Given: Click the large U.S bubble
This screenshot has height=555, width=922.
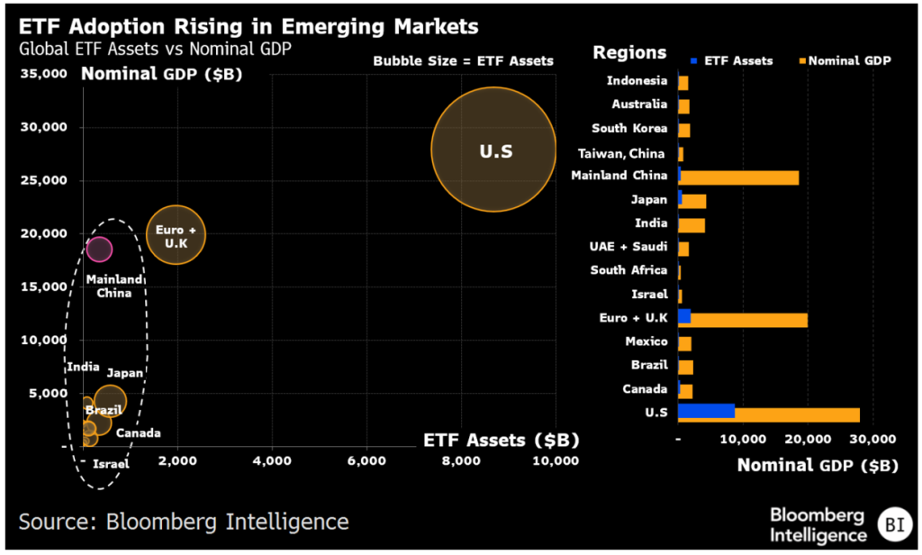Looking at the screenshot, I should click(493, 150).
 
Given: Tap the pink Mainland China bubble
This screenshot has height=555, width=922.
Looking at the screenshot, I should click(99, 249).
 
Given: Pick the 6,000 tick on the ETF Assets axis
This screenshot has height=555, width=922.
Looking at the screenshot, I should click(366, 460).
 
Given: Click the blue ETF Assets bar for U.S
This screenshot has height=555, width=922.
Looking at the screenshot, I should click(706, 412).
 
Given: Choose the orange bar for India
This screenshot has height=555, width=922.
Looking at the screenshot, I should click(691, 224).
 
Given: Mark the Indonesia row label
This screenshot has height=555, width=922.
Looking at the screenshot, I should click(636, 81).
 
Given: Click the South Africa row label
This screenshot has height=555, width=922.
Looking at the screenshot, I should click(629, 269).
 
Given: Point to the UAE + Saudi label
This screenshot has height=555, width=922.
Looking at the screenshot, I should click(629, 246).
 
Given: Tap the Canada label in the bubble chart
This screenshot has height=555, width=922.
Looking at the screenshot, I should click(139, 433).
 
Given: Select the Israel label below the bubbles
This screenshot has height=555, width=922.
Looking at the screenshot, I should click(111, 464).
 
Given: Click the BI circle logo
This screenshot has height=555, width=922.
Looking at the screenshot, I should click(892, 523).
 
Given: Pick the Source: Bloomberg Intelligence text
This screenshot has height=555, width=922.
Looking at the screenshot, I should click(183, 521).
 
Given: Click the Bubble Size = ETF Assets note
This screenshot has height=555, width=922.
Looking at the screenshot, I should click(464, 61).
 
